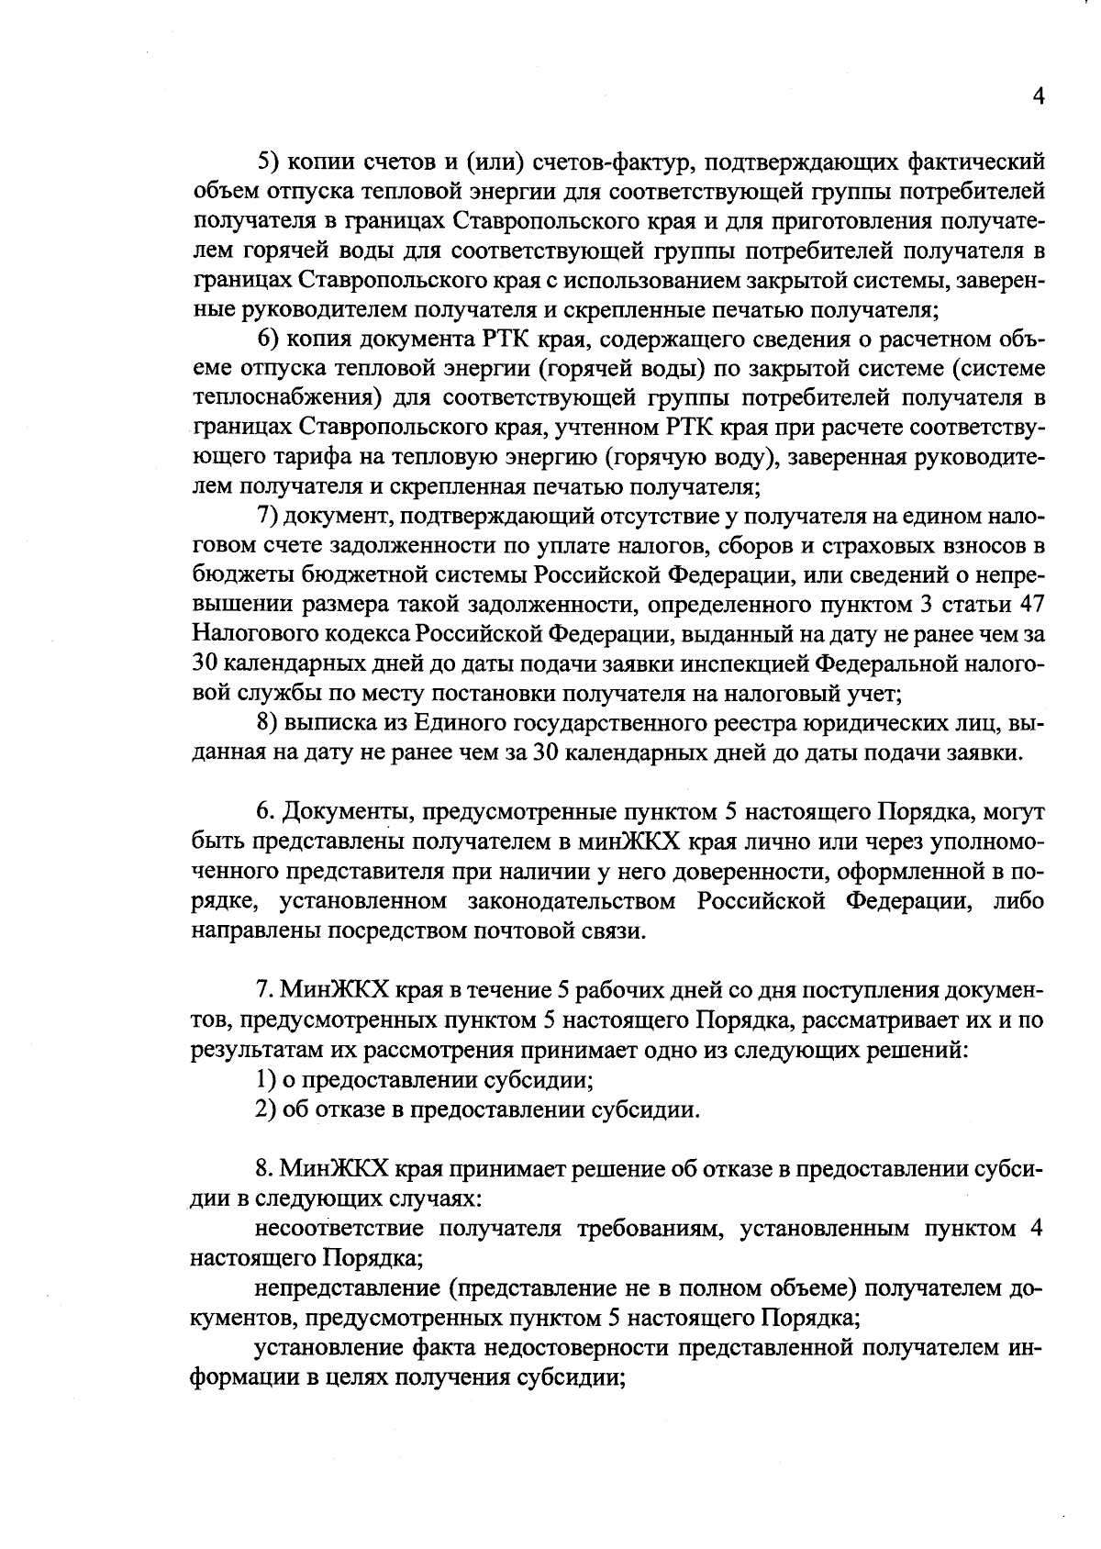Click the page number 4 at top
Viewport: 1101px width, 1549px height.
point(1038,97)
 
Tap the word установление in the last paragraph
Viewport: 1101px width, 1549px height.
point(327,1347)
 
